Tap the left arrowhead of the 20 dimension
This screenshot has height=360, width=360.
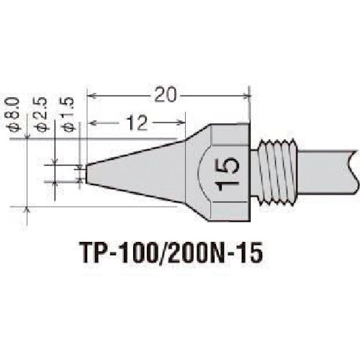point(91,94)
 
